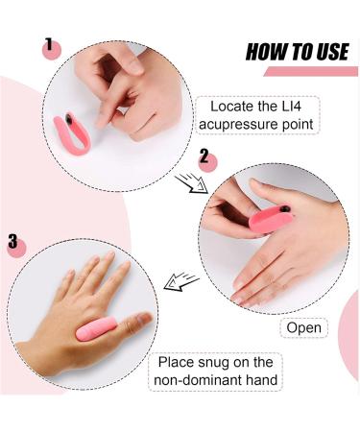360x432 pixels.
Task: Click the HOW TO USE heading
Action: pyautogui.click(x=297, y=51)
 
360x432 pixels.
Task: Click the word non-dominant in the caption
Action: pyautogui.click(x=198, y=379)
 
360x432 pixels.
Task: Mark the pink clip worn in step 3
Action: pyautogui.click(x=101, y=328)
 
